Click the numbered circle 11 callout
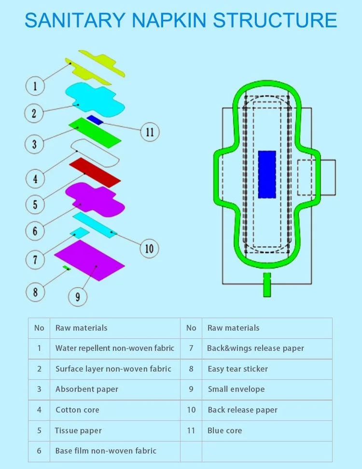(149, 131)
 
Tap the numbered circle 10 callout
(149, 248)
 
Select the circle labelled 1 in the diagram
(35, 87)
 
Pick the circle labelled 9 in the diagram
(78, 296)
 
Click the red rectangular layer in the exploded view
(95, 172)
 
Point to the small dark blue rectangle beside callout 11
(95, 120)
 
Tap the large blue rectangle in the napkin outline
(267, 174)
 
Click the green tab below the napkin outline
(267, 284)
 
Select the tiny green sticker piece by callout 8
(68, 268)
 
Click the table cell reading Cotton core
(77, 410)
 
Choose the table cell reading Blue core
(225, 430)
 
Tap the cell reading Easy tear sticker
(237, 369)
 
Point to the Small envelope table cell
(236, 389)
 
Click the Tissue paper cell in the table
(78, 430)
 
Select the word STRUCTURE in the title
(275, 20)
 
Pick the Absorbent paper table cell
(87, 389)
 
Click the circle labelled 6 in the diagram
(35, 231)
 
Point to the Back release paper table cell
(242, 410)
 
